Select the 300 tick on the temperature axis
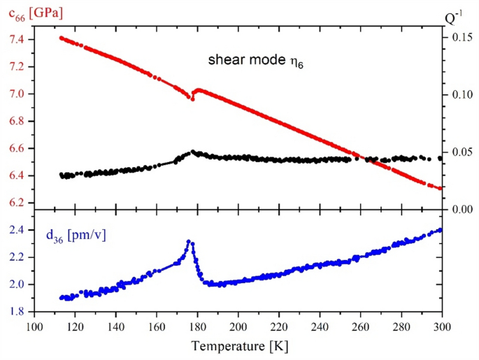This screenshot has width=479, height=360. [442, 326]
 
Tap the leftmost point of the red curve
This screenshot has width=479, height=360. [61, 38]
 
